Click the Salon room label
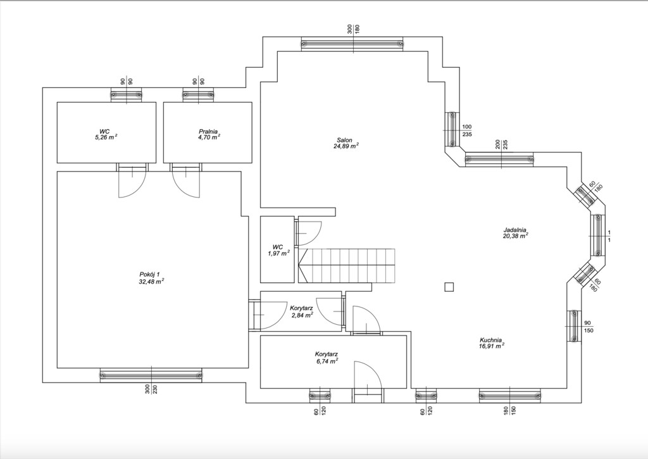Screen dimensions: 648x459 tap(344, 140)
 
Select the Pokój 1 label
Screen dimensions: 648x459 tap(149, 274)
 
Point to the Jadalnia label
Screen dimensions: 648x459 tap(514, 229)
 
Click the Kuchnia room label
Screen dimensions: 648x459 tap(490, 340)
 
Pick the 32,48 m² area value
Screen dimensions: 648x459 tap(152, 281)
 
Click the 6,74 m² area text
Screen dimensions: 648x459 tap(327, 361)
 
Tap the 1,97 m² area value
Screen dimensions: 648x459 tap(279, 253)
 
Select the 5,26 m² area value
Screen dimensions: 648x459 tap(106, 137)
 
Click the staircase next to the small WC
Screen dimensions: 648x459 tap(347, 266)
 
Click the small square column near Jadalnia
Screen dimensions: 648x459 tap(449, 287)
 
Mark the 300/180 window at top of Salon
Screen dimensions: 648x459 tap(352, 44)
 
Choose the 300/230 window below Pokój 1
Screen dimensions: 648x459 tap(151, 375)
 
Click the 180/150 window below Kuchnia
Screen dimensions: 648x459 tap(510, 396)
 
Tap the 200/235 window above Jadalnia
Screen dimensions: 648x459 tap(499, 160)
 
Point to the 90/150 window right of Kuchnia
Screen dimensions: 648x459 tap(573, 326)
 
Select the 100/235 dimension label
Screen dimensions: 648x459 tap(466, 130)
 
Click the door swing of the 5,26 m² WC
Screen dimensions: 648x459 tap(132, 180)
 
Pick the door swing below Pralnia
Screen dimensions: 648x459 tap(187, 180)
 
